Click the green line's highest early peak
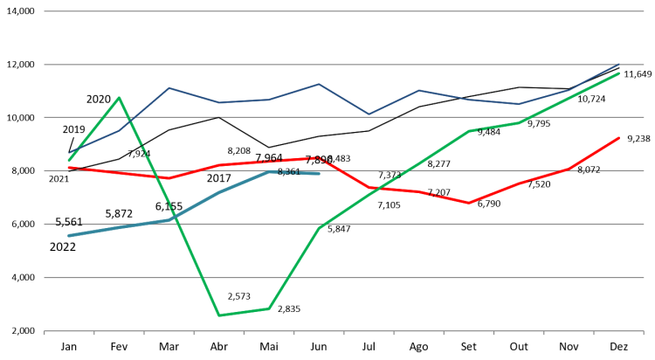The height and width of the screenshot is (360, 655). [x=119, y=97]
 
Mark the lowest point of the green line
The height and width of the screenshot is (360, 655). [x=218, y=315]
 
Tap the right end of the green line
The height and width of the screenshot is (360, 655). [x=619, y=73]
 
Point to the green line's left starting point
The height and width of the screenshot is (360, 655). [x=69, y=160]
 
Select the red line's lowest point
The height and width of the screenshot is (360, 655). [x=469, y=203]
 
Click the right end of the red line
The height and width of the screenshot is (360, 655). [x=619, y=137]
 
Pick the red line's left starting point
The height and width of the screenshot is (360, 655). [x=69, y=167]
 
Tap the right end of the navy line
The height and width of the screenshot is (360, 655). [x=619, y=64]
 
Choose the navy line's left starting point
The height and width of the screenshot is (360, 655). [x=69, y=153]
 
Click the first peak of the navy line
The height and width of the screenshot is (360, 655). [x=169, y=87]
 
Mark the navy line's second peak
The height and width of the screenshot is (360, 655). [x=319, y=84]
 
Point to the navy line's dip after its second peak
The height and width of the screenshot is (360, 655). [x=369, y=114]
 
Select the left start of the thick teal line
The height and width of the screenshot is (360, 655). [x=69, y=236]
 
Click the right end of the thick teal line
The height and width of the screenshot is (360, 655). [x=319, y=173]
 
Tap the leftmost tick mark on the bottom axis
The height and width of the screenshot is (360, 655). [x=45, y=333]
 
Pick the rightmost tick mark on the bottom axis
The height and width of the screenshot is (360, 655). [x=644, y=333]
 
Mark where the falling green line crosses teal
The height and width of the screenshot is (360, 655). [x=172, y=219]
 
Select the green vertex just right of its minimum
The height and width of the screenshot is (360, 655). [x=269, y=308]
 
